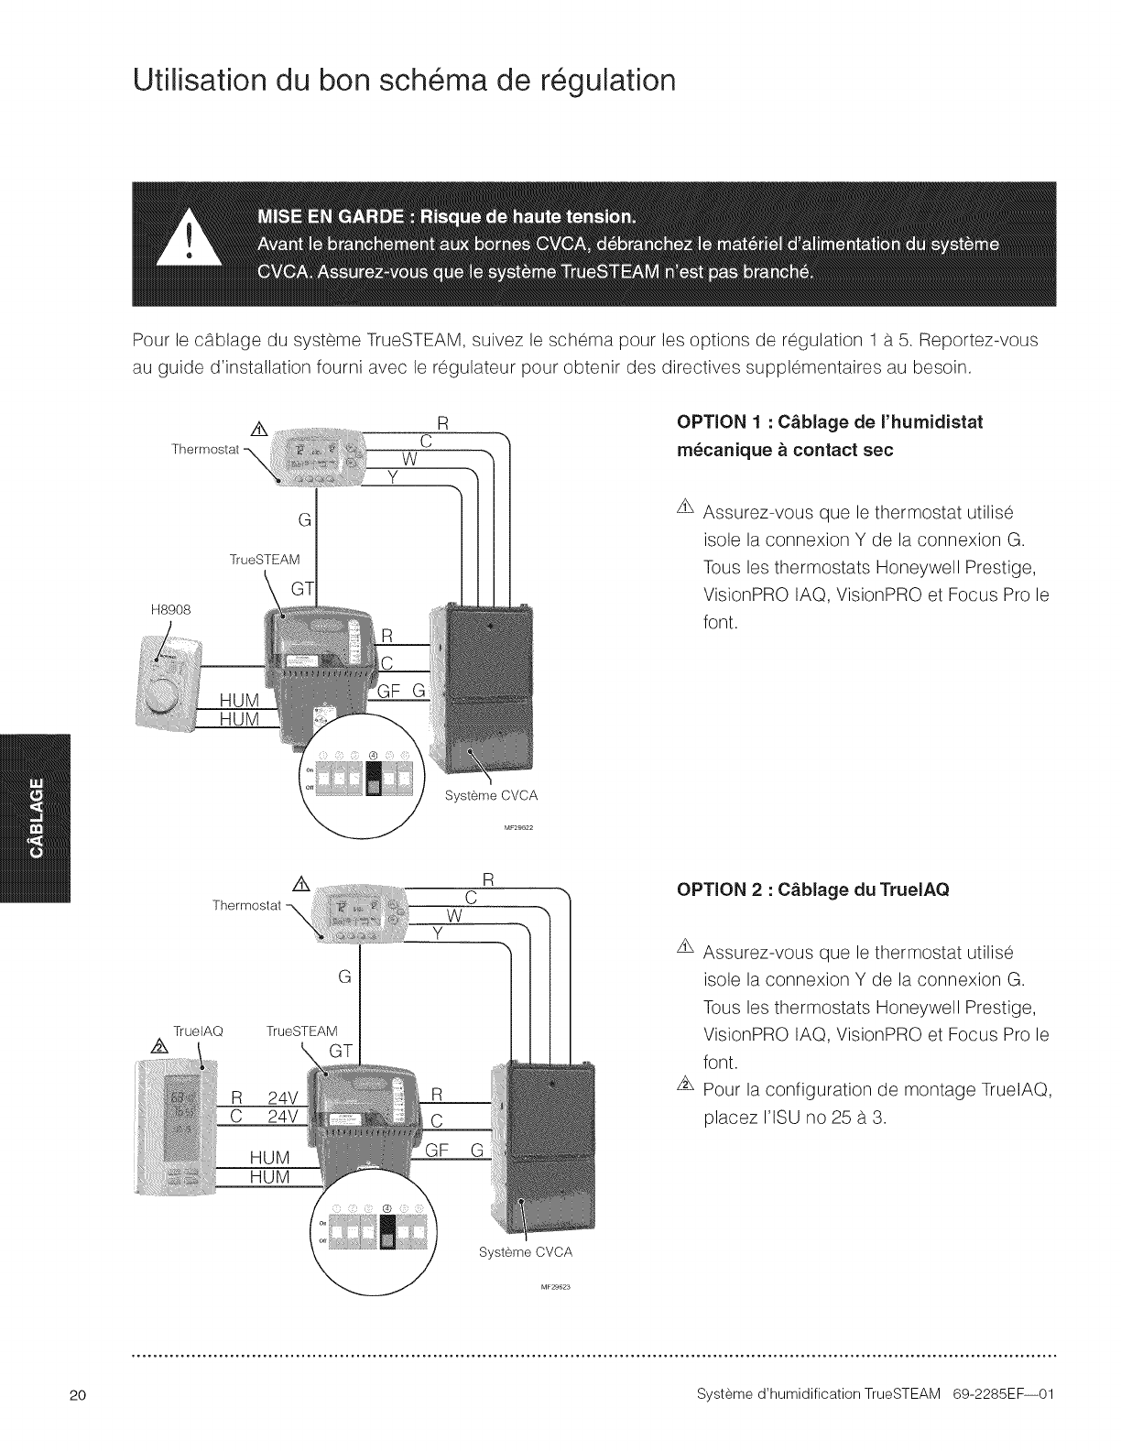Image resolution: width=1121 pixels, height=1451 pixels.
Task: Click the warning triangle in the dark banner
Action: point(189,241)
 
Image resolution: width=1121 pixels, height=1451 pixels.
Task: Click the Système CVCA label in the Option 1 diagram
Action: point(491,796)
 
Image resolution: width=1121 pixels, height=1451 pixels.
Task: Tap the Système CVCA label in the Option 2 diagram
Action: point(525,1251)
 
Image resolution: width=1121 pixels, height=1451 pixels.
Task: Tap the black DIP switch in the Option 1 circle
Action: point(374,779)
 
